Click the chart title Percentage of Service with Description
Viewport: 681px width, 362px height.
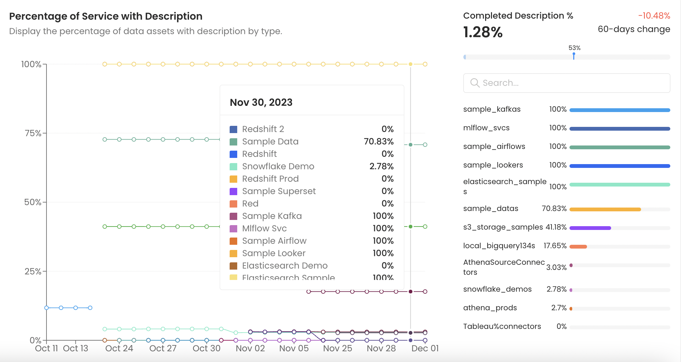coord(106,16)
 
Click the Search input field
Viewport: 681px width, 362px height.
coord(572,83)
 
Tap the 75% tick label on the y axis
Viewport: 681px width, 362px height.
coord(33,133)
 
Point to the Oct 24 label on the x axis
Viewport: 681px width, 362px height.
coord(119,349)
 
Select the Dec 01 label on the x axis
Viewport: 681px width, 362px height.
coord(425,349)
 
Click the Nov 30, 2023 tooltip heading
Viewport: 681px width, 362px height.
coord(261,102)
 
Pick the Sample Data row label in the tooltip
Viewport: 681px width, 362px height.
coord(270,141)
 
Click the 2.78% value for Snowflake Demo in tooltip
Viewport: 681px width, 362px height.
coord(381,166)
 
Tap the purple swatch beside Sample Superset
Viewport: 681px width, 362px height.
coord(233,191)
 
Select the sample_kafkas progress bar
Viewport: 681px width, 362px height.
coord(620,110)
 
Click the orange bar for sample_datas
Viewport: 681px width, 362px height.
coord(605,209)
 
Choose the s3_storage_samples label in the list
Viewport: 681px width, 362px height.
coord(503,227)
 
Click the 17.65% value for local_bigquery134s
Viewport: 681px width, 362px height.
coord(555,246)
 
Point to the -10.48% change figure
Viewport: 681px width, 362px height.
coord(654,16)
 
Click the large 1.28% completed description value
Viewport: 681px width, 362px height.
coord(483,32)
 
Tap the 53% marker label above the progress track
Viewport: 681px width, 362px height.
coord(574,48)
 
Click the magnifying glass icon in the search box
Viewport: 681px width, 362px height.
coord(475,83)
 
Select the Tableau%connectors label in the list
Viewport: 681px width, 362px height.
coord(502,326)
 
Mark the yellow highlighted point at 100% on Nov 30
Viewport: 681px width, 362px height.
coord(410,64)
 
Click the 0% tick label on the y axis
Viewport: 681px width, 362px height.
coord(35,341)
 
